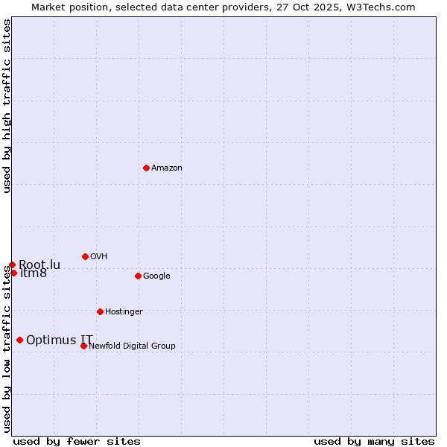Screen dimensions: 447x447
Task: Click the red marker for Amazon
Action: point(146,168)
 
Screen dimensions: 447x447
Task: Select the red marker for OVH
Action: point(85,256)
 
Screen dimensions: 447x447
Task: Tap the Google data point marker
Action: point(138,276)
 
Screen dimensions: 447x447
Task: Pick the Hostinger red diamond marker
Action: point(100,311)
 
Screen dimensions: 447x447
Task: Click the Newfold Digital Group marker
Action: point(83,346)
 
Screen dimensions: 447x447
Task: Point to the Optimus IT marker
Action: point(19,340)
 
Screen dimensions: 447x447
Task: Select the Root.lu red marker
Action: point(12,264)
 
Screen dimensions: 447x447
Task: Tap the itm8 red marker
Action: point(13,273)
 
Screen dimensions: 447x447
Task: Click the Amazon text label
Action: point(167,168)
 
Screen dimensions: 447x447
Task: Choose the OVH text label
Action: point(99,257)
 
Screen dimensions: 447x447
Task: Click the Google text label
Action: point(156,276)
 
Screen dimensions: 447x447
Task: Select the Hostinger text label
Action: point(124,312)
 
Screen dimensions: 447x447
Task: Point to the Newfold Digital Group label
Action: point(133,346)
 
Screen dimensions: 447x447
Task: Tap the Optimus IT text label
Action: point(60,340)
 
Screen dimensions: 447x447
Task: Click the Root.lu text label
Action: point(39,264)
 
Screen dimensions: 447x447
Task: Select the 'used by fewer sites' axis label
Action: point(77,441)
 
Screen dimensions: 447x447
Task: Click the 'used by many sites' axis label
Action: point(374,441)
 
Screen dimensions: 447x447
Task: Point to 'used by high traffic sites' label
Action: point(7,106)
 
